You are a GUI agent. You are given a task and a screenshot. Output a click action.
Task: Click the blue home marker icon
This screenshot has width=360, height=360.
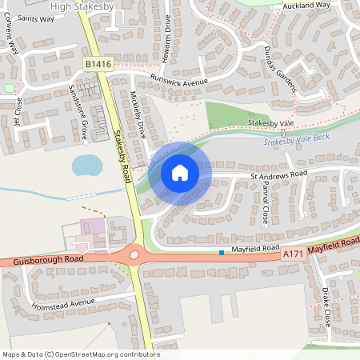180,171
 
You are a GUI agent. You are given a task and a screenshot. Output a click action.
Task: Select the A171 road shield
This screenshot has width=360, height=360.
293,252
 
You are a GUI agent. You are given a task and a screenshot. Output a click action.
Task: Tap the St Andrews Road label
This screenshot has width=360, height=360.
279,173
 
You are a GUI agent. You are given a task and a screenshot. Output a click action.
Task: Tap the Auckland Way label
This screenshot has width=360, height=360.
306,5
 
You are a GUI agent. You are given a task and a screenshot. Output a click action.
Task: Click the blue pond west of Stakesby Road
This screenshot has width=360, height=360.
86,166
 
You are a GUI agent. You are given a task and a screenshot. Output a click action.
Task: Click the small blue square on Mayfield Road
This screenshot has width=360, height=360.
222,254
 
